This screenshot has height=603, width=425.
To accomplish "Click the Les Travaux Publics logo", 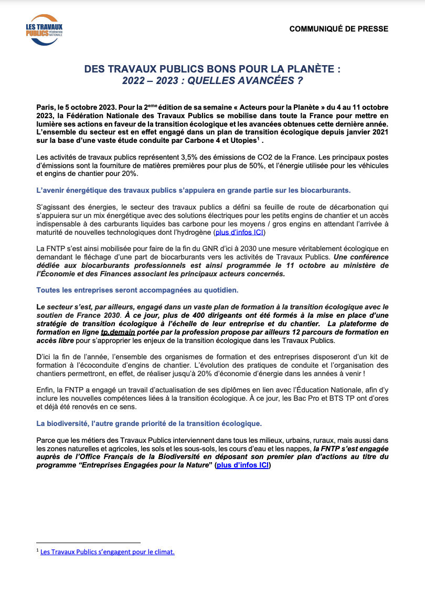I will point(44,30).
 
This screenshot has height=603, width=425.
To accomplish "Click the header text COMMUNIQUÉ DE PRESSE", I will point(339,29).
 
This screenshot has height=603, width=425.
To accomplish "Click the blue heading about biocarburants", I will point(194,190).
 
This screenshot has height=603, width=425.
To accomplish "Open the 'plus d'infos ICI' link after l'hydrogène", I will point(240,232).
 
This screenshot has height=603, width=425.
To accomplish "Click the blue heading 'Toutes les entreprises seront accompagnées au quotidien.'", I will point(137,290).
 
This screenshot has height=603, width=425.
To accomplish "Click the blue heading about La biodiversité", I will point(148,423).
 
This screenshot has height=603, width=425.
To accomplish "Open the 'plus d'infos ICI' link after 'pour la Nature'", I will point(242,465).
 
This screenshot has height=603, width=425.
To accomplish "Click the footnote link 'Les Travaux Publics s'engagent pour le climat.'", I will point(107,552).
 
